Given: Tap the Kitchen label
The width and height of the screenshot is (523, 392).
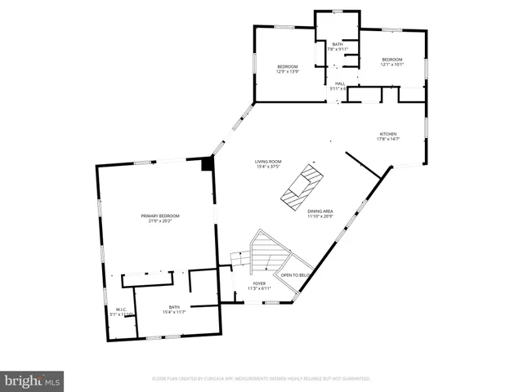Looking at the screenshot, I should point(387,134).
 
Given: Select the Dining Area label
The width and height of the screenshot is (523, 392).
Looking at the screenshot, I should point(320,211).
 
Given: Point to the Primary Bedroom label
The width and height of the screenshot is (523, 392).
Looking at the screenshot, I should point(163,216).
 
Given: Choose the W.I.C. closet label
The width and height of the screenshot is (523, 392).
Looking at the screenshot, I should point(119,310).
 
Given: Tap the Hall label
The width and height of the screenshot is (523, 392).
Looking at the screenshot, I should point(339,83).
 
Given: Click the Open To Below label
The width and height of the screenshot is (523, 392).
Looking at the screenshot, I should point(294,275).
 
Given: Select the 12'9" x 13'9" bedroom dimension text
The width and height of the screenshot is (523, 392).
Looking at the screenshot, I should point(288,72).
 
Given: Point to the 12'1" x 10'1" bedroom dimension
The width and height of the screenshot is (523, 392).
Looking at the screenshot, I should point(392,65).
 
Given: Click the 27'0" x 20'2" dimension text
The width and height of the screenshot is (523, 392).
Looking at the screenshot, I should point(163,220).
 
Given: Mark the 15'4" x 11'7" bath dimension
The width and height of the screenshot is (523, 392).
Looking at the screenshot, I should point(174,312).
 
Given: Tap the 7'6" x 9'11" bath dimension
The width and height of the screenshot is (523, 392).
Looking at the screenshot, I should point(337,50).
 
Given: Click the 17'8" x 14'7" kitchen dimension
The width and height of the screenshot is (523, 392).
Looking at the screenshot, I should point(387,139).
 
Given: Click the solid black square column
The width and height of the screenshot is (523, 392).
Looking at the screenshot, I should point(208,164).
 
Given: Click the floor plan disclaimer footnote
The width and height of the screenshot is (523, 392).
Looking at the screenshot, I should point(261,379).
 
